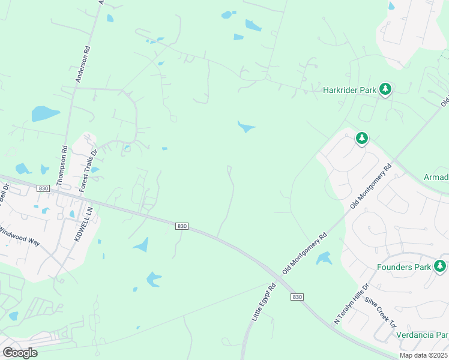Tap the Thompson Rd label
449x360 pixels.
[x=62, y=164]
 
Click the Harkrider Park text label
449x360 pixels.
[x=349, y=91]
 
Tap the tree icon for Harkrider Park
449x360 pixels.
[x=385, y=90]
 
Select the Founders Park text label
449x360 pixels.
[x=405, y=266]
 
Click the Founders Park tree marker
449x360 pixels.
[x=441, y=266]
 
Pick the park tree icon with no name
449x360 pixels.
[x=361, y=139]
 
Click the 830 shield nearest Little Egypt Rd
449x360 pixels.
[x=296, y=297]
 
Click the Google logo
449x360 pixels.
[x=20, y=352]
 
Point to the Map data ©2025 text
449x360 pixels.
[x=423, y=355]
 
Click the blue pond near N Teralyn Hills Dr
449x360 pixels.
[x=324, y=259]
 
